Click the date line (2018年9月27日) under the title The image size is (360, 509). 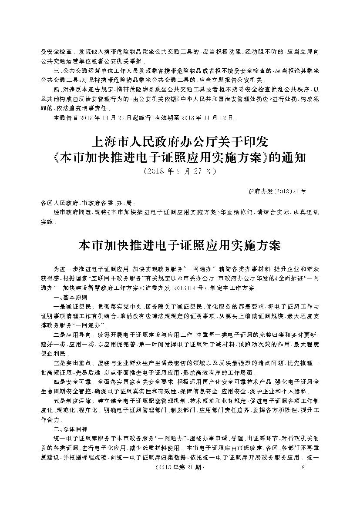[179, 171]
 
